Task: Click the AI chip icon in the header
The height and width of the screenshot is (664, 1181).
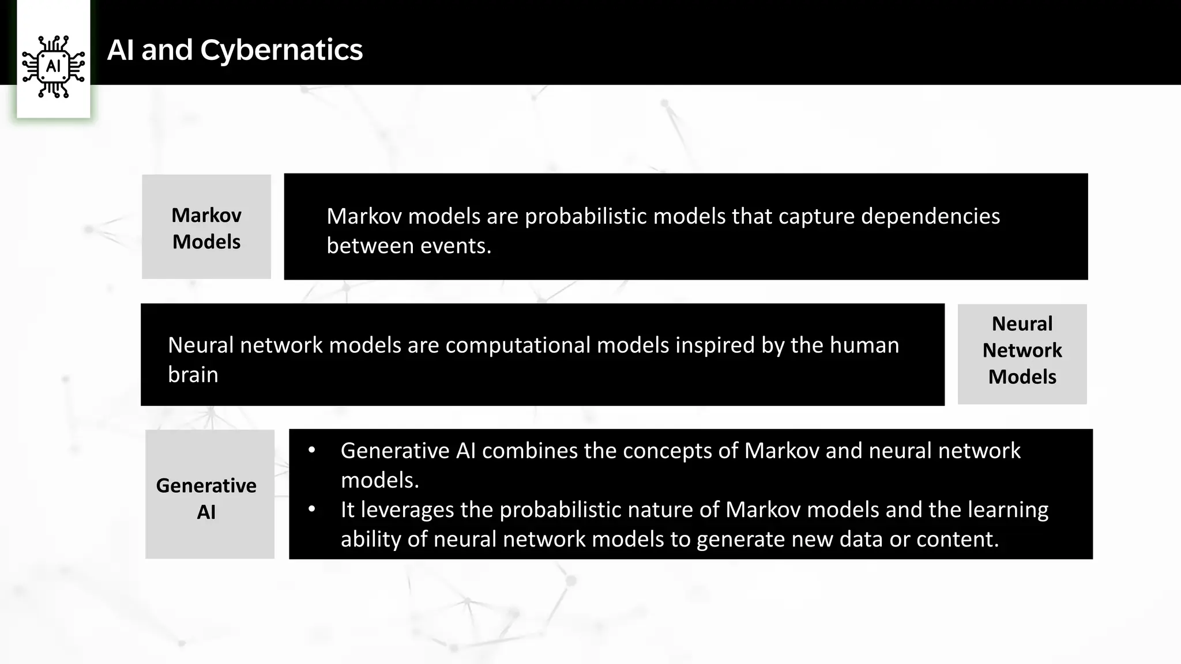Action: point(53,66)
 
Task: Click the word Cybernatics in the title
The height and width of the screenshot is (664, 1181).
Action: point(281,50)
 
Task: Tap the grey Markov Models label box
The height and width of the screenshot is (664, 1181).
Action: point(206,227)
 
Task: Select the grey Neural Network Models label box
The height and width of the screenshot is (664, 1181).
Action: point(1022,353)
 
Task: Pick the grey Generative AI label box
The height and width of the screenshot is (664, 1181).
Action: point(209,494)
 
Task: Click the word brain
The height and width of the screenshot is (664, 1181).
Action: point(193,375)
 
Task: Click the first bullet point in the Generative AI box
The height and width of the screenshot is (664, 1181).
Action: point(312,450)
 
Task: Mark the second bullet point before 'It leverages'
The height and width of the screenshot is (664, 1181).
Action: point(312,510)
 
